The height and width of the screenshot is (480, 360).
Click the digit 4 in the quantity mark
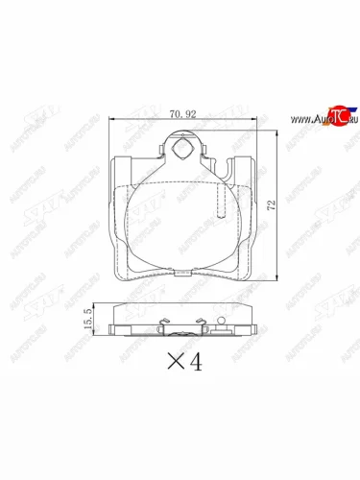pos(197,365)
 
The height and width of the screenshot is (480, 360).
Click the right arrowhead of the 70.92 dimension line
pos(252,118)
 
